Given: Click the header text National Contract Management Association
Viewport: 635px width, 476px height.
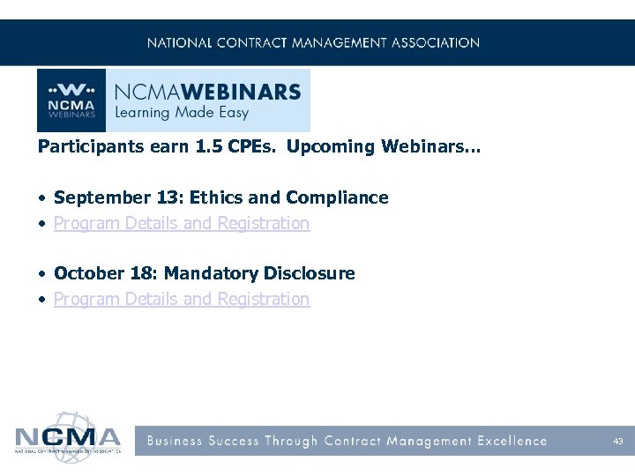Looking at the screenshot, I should (313, 42).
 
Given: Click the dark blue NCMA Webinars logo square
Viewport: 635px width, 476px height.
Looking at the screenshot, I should (71, 100).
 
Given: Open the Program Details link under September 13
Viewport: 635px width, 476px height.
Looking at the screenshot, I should (182, 223).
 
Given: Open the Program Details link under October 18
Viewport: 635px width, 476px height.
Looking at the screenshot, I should (182, 299).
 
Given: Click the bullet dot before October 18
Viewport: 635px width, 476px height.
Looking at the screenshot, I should (42, 273).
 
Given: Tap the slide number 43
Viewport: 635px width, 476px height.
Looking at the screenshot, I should (617, 441).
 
